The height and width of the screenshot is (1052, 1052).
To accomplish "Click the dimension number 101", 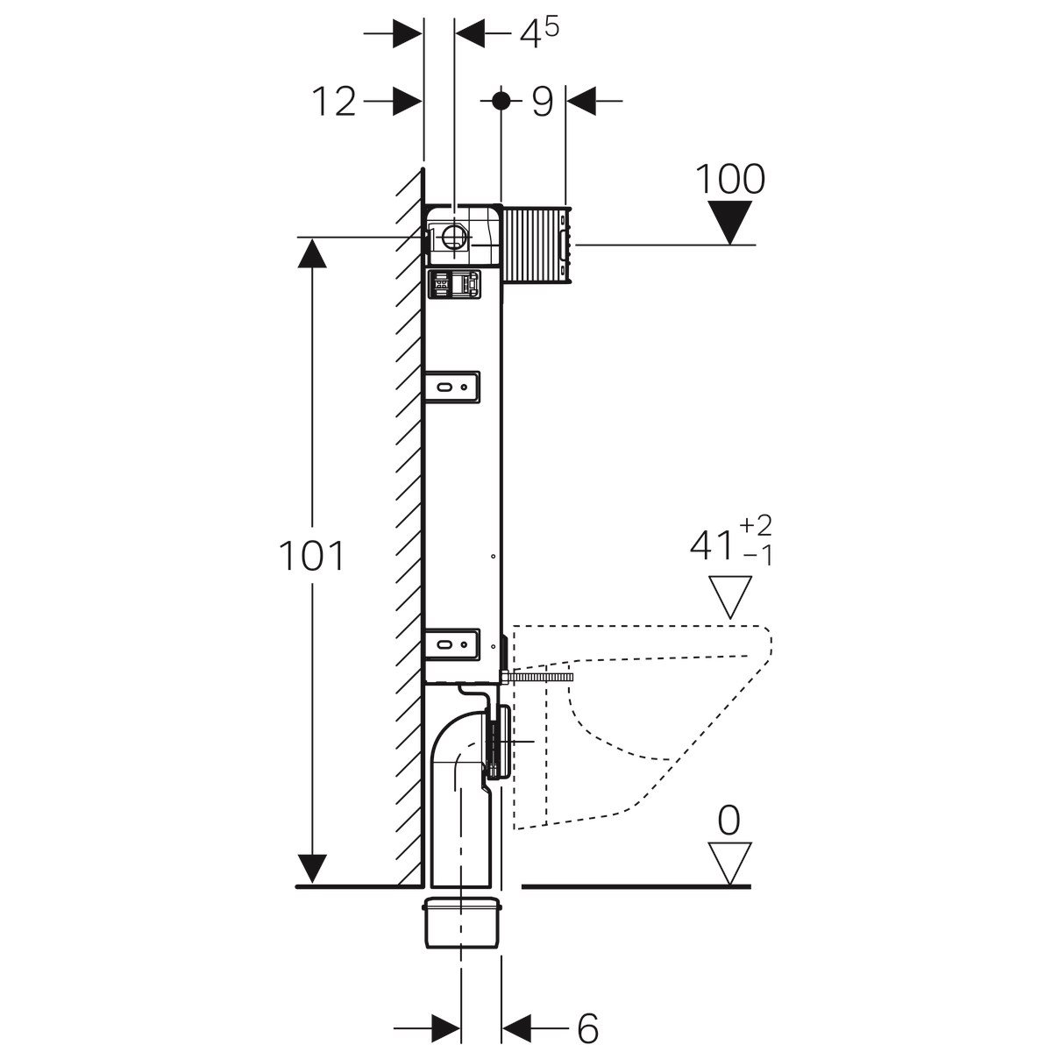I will (x=311, y=557).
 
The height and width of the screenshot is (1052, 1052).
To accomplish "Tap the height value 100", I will (x=730, y=179).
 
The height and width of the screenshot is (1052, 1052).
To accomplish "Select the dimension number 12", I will (x=335, y=103).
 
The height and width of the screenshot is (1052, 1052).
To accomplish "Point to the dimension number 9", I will (x=543, y=103).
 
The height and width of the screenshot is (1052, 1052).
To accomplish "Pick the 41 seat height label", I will (x=711, y=546).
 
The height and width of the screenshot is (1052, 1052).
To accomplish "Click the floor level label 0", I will (x=729, y=821).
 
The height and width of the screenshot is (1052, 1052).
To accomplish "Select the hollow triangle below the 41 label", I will (x=730, y=596).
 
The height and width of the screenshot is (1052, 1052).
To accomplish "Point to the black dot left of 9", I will (x=501, y=100).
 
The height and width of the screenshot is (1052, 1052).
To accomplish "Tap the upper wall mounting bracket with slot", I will (x=451, y=387).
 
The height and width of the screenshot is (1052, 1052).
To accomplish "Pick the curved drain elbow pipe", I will (x=456, y=771).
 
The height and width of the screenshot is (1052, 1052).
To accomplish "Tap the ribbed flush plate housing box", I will (x=537, y=245).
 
